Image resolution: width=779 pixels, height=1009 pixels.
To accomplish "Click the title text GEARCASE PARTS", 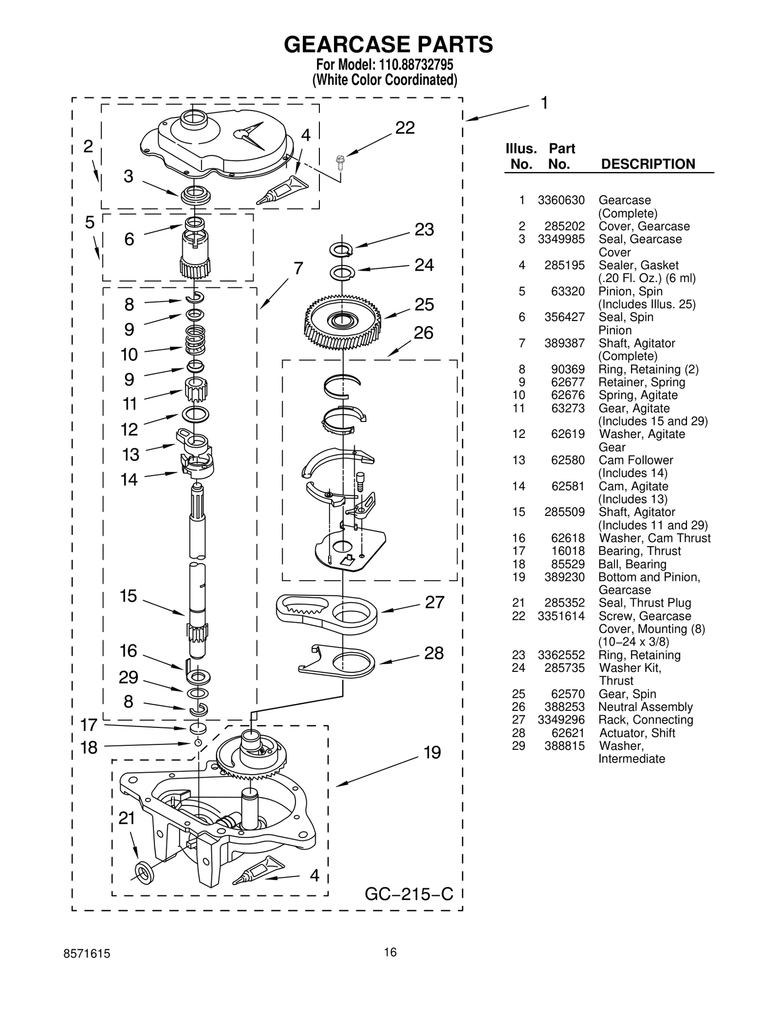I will coord(388,45).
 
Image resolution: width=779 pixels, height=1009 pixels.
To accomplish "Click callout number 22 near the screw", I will coord(405,128).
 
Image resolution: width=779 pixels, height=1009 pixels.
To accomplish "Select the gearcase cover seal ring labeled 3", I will coord(196,196).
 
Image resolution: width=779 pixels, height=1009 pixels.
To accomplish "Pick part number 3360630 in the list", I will coord(561,200).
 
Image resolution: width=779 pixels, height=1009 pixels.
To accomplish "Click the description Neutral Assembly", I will coord(645,707).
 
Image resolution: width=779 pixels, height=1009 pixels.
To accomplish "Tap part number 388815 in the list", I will coord(564,746).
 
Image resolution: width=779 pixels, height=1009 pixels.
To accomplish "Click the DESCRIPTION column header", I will coord(648,164).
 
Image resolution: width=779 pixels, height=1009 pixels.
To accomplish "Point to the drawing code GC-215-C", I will coord(409,894).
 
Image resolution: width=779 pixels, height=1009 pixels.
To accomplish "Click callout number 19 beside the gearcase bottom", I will coord(432,753).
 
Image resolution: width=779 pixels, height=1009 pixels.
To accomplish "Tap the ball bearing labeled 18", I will coord(198,742).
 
